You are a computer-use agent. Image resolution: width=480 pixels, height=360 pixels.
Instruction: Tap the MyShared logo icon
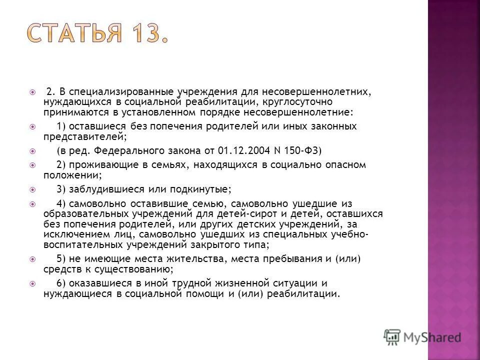[x=392, y=336]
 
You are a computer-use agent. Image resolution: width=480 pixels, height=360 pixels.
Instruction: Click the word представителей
[x=83, y=135]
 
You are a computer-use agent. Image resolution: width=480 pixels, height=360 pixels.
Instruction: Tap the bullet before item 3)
[x=32, y=189]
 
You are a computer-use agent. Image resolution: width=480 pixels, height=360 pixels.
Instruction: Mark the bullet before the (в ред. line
[x=32, y=150]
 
